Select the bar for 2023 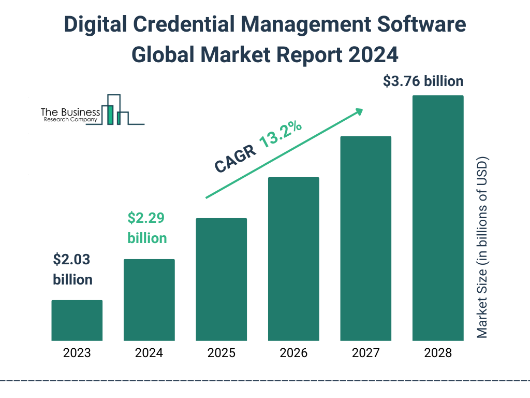pyautogui.click(x=77, y=320)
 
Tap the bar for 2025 pyautogui.click(x=221, y=279)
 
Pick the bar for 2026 pyautogui.click(x=293, y=259)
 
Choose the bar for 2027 pyautogui.click(x=365, y=238)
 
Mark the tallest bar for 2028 pyautogui.click(x=438, y=218)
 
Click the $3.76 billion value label pyautogui.click(x=423, y=81)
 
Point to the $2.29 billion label pyautogui.click(x=147, y=228)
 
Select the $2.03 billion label pyautogui.click(x=73, y=269)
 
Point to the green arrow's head pyautogui.click(x=359, y=111)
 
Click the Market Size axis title pyautogui.click(x=482, y=246)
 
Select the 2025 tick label pyautogui.click(x=221, y=353)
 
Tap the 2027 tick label pyautogui.click(x=365, y=353)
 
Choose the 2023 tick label pyautogui.click(x=77, y=353)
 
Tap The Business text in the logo pyautogui.click(x=70, y=112)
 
